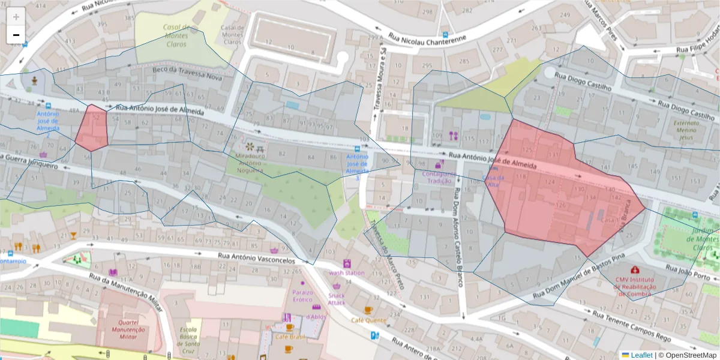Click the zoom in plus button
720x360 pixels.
click(x=16, y=17)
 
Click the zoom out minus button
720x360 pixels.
click(x=16, y=35)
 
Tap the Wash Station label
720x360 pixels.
click(x=346, y=273)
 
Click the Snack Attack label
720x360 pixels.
click(x=336, y=299)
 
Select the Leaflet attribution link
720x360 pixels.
click(x=641, y=355)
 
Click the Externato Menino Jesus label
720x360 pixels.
click(x=687, y=131)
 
